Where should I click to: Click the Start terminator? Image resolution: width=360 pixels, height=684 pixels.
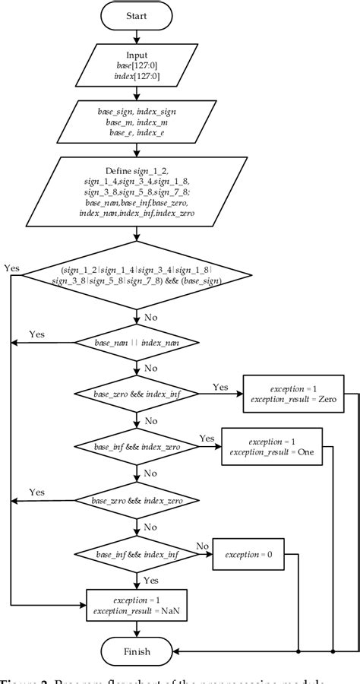pyautogui.click(x=137, y=15)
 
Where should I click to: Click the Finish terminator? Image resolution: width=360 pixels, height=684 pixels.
pyautogui.click(x=137, y=651)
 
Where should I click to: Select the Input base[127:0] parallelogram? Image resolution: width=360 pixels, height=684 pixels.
pyautogui.click(x=137, y=66)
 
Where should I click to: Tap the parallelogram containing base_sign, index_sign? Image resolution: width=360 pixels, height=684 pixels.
pyautogui.click(x=137, y=122)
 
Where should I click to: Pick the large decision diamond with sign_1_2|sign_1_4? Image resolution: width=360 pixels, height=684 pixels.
pyautogui.click(x=137, y=275)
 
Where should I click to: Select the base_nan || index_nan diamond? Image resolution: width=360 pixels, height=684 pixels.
pyautogui.click(x=137, y=344)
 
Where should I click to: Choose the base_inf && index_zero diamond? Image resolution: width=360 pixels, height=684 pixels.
pyautogui.click(x=137, y=448)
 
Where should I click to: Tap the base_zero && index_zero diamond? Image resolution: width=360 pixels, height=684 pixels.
pyautogui.click(x=137, y=500)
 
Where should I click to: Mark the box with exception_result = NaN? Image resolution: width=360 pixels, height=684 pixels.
pyautogui.click(x=137, y=605)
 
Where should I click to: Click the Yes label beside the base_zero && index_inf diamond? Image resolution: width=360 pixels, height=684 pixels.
pyautogui.click(x=219, y=387)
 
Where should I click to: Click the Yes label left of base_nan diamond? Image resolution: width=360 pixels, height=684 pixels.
pyautogui.click(x=36, y=334)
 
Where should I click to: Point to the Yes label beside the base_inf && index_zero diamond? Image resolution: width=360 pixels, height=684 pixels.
pyautogui.click(x=207, y=439)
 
